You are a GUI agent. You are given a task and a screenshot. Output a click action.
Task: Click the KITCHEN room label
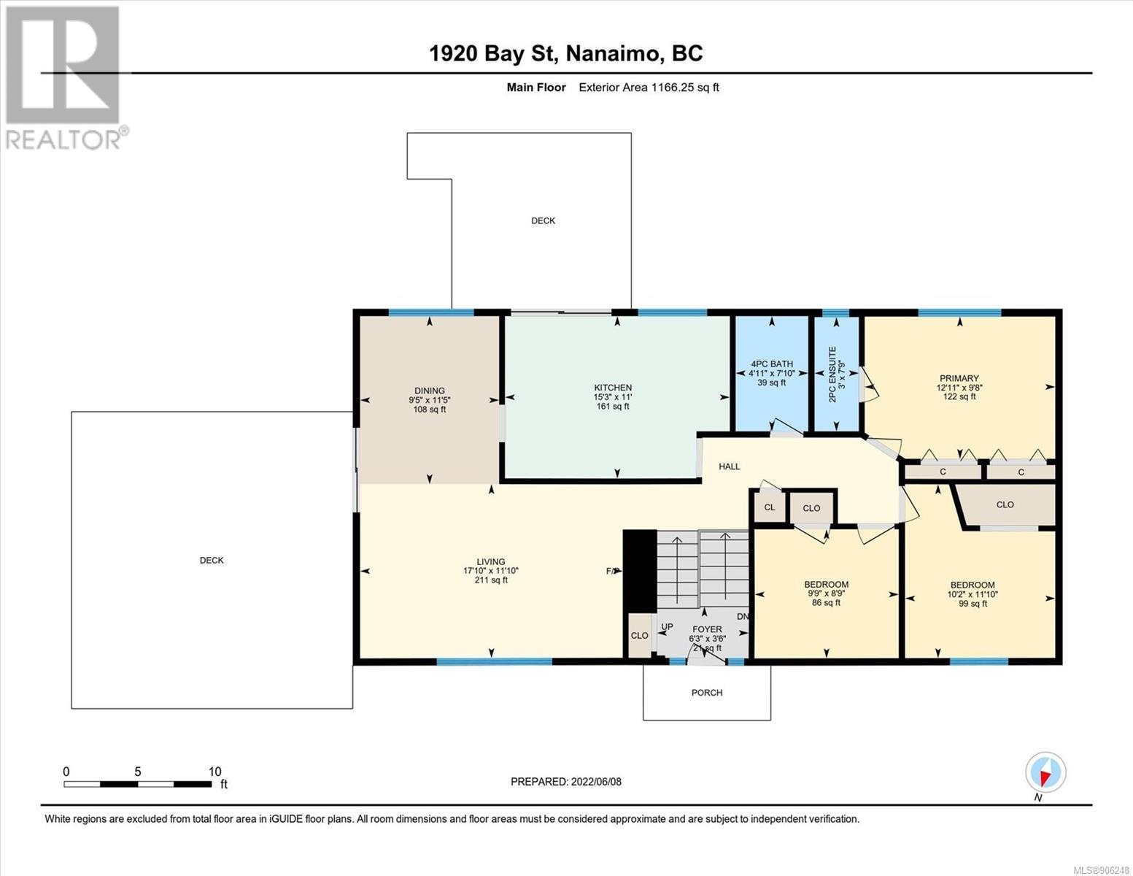613,388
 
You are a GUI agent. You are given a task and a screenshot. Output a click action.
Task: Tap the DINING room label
430,391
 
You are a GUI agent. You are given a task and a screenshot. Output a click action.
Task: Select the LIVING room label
491,562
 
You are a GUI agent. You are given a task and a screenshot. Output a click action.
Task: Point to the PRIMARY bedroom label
959,378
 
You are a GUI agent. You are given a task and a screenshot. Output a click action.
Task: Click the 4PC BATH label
772,364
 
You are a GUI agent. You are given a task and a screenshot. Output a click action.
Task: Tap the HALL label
729,466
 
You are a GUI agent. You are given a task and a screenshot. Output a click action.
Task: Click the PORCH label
706,693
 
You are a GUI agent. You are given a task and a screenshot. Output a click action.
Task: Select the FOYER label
707,630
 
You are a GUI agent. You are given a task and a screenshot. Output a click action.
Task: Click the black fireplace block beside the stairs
640,571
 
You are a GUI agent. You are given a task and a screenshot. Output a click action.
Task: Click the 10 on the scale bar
214,772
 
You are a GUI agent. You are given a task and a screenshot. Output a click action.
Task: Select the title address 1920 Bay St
494,54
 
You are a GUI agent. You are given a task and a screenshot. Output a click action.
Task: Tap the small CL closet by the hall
770,507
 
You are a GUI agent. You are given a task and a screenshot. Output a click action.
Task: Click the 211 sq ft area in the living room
491,580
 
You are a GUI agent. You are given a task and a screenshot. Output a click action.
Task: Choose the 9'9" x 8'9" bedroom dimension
826,593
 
